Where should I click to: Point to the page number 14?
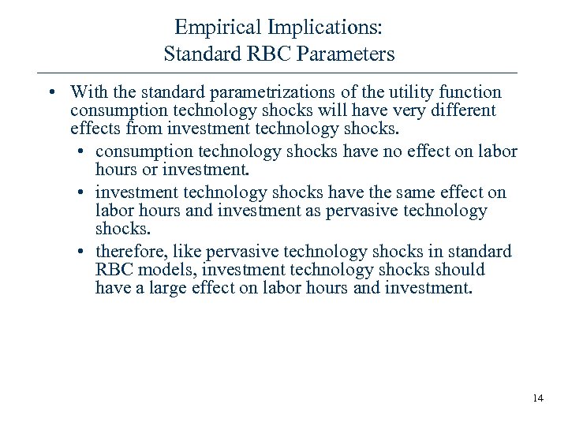[x=538, y=398]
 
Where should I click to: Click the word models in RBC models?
[x=156, y=271]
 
